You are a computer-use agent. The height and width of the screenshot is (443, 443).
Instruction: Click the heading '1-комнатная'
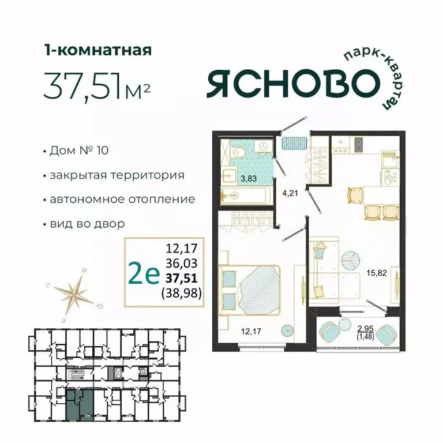(97, 50)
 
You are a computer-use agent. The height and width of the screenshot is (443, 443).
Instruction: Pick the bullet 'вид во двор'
(87, 223)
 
